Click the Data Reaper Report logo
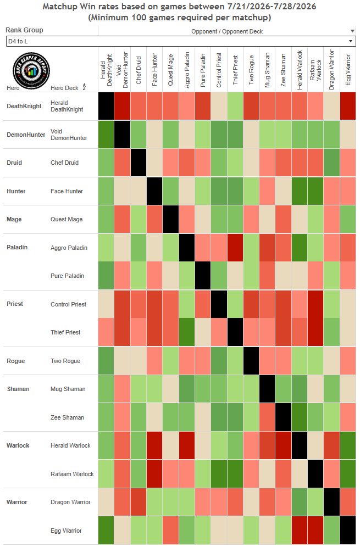pos(31,71)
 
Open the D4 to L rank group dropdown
pos(181,41)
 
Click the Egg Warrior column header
pos(348,69)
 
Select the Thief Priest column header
pos(235,69)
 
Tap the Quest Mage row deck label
pos(67,219)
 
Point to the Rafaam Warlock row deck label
pos(72,474)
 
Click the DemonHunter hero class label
pos(26,135)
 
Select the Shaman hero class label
pos(18,389)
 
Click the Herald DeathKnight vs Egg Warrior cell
pos(348,106)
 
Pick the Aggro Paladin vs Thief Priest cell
pos(235,247)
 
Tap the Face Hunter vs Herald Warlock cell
pos(300,191)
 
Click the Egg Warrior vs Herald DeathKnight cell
pos(106,530)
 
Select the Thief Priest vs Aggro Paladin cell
pos(187,332)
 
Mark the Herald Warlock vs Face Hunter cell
pos(154,445)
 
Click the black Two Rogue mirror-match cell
pos(251,361)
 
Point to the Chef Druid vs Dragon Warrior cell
pos(332,163)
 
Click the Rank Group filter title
pos(24,30)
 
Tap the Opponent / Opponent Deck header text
pos(227,31)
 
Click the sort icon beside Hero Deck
pos(84,87)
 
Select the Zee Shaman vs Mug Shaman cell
pos(268,417)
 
